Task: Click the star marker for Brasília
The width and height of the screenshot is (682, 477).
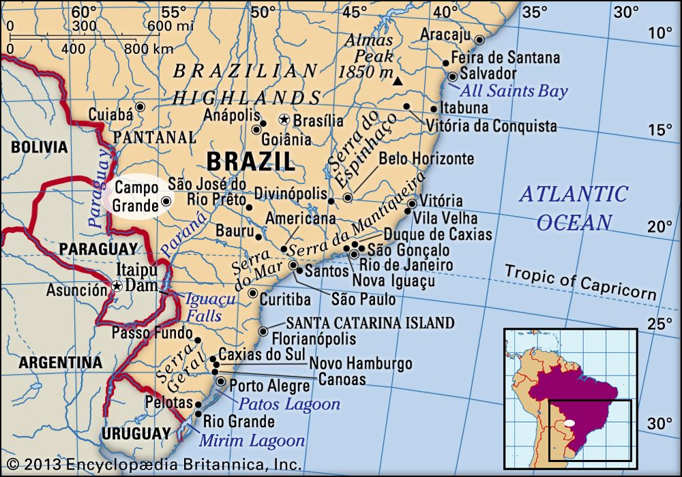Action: coord(284,120)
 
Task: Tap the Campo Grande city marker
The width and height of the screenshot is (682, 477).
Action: coord(166,202)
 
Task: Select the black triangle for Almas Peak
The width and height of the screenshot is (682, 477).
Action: coord(398,82)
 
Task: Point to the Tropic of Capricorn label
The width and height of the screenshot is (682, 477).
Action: coord(580,281)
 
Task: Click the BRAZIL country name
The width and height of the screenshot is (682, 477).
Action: coord(250,161)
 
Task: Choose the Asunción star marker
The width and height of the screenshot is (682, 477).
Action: coord(117,287)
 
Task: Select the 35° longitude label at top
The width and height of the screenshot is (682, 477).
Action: coord(536,12)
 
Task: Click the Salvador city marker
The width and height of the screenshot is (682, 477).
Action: coord(452,76)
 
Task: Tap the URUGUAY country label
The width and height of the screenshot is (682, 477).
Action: coord(135,433)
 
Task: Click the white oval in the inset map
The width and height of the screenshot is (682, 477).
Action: coord(569,422)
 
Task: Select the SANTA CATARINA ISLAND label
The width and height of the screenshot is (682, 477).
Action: coord(370,322)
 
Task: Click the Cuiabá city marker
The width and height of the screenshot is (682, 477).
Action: coord(140,107)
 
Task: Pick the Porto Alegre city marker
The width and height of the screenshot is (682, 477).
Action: coord(220,380)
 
